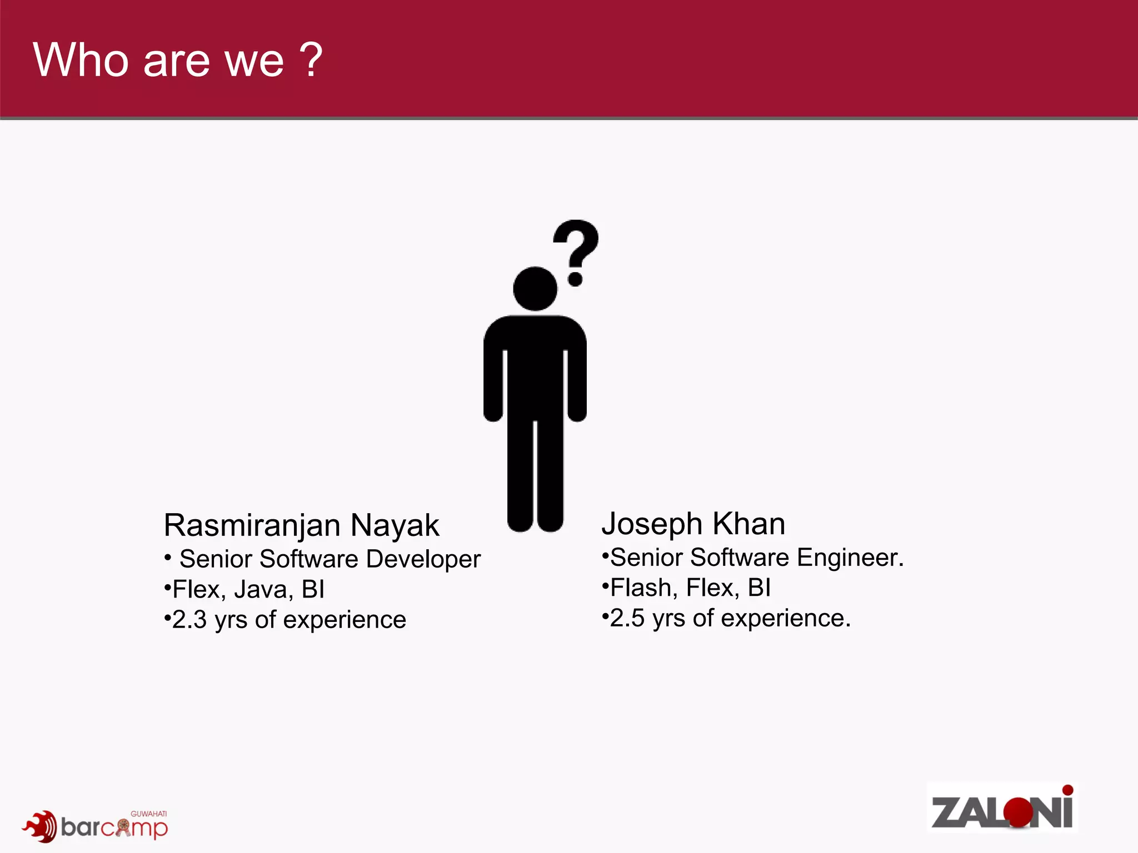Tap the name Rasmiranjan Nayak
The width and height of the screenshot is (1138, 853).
(x=301, y=525)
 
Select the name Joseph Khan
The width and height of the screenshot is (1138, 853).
(x=693, y=524)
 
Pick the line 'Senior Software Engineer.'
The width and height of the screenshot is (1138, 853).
(x=757, y=558)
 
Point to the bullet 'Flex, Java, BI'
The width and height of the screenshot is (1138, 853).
(x=248, y=589)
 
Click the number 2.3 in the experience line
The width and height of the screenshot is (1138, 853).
(x=189, y=620)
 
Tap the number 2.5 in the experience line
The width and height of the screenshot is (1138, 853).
(x=627, y=618)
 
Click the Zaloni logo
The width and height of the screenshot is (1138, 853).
(x=1002, y=808)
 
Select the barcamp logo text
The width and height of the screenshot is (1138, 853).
(x=114, y=827)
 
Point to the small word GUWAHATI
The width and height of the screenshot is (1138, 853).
(x=148, y=814)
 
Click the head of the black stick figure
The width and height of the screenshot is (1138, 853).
(x=535, y=289)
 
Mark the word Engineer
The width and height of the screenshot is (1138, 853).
(x=850, y=558)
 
